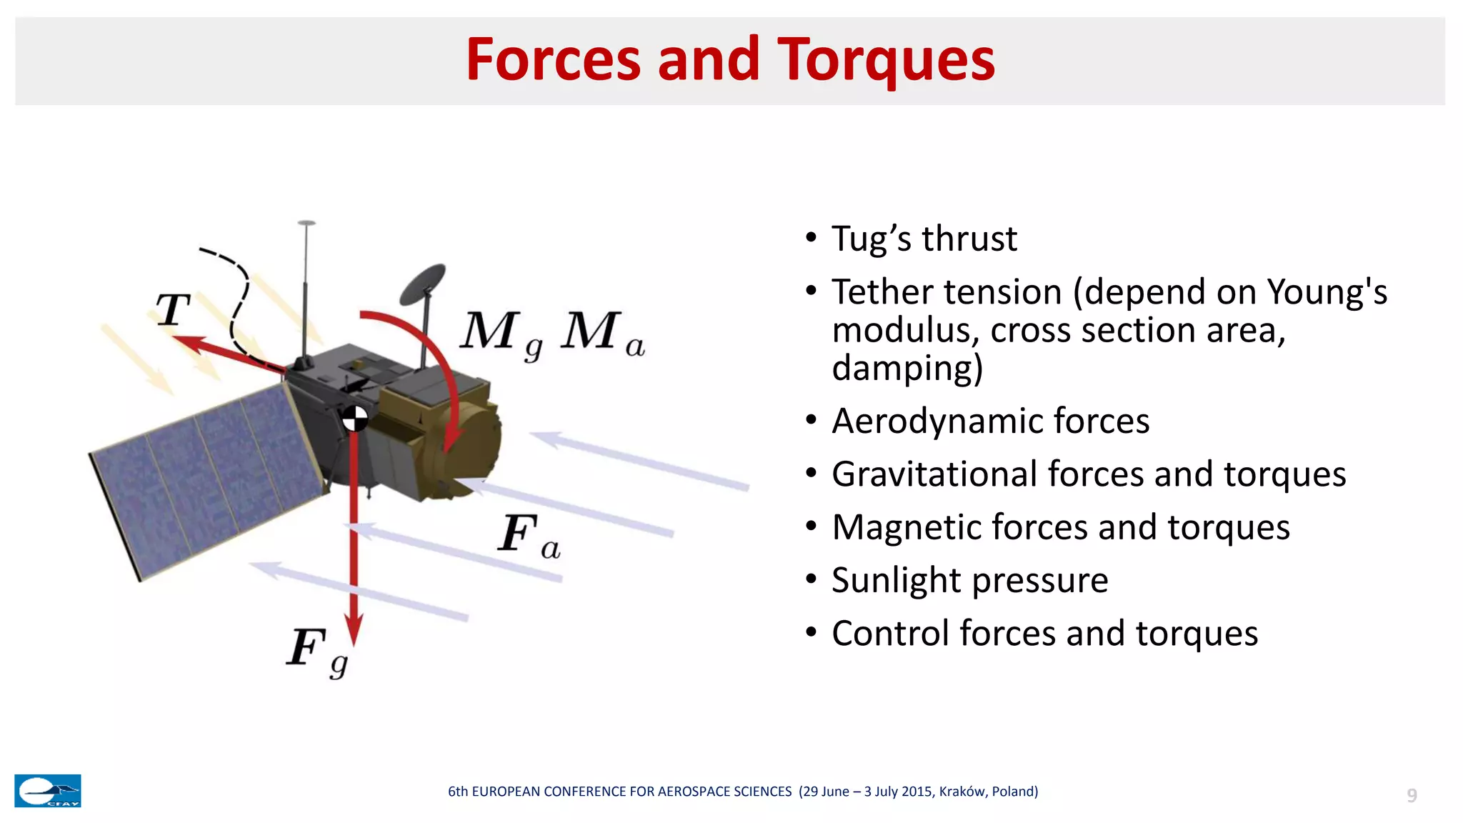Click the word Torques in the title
point(886,60)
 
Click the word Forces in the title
point(553,60)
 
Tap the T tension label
point(174,310)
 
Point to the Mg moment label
point(500,334)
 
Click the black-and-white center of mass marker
point(354,419)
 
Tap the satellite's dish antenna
point(423,282)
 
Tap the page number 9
point(1412,795)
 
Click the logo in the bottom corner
point(48,791)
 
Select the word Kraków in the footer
point(963,792)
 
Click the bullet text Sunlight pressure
point(969,580)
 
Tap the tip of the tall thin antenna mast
point(306,223)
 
